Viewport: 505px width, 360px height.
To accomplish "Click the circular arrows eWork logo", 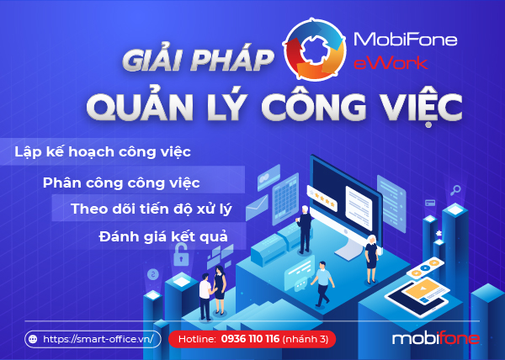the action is click(x=315, y=50).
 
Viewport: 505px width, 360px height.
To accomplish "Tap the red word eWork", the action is click(x=391, y=63).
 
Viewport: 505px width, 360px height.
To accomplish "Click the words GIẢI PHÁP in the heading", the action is click(x=197, y=61).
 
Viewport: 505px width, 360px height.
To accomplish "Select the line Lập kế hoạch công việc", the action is click(x=103, y=152).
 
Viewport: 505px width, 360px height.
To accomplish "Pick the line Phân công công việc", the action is click(x=121, y=183).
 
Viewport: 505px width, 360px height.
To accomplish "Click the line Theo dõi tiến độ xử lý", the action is click(x=151, y=209).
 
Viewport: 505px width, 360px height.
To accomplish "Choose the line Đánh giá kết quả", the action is click(x=163, y=237).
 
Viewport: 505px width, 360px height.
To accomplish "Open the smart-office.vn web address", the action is click(x=98, y=339).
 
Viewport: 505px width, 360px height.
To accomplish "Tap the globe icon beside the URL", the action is click(x=33, y=339).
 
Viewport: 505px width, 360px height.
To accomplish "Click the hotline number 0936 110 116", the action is click(x=250, y=339).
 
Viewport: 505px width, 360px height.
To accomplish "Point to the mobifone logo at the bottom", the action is click(x=436, y=338).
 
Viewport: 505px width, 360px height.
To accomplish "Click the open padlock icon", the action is click(x=181, y=255).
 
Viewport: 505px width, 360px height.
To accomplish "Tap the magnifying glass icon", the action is click(x=455, y=190).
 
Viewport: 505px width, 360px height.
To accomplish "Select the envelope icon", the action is click(x=257, y=208).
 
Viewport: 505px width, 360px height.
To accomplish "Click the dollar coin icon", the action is click(x=153, y=274).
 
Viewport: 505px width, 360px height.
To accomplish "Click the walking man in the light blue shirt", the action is click(x=322, y=283).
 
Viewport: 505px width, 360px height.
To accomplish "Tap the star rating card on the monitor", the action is click(x=322, y=199).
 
